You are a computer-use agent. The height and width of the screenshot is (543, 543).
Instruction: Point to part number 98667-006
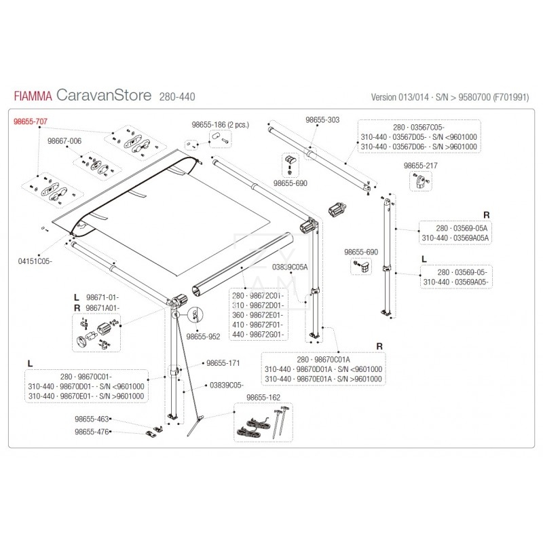pyautogui.click(x=64, y=141)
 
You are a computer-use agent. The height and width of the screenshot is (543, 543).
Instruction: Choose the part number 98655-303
pyautogui.click(x=322, y=119)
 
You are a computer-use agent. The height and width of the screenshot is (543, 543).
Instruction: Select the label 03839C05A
pyautogui.click(x=290, y=267)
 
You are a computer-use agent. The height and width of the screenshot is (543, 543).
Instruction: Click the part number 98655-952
pyautogui.click(x=203, y=335)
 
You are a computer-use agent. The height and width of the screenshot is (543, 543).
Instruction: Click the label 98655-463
pyautogui.click(x=91, y=419)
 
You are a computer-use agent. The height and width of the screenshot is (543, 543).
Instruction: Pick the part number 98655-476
pyautogui.click(x=91, y=432)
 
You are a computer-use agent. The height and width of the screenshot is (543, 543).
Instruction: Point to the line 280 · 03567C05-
pyautogui.click(x=419, y=127)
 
